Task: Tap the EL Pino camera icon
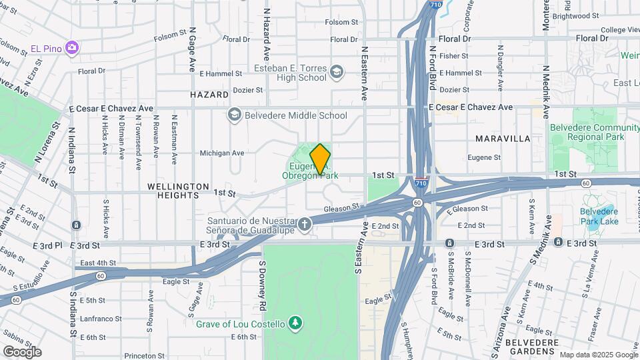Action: pos(72,48)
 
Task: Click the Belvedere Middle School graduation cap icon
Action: pos(234,115)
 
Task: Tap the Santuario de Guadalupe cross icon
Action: pos(305,223)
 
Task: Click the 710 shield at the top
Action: pos(434,5)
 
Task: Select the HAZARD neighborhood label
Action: pos(209,95)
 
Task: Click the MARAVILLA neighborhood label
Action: pos(503,139)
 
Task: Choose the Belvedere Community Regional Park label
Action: pos(587,132)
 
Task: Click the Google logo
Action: pos(22,351)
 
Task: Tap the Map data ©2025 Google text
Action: pos(598,355)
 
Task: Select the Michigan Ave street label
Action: pos(222,153)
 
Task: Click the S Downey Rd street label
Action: pos(263,285)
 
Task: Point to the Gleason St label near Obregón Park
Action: pos(341,209)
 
